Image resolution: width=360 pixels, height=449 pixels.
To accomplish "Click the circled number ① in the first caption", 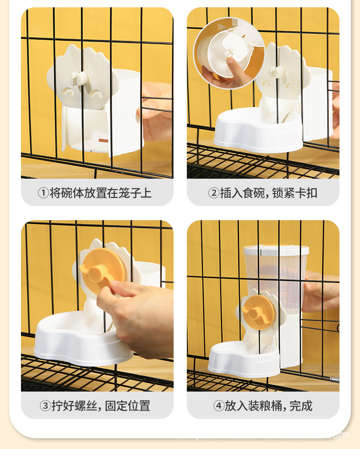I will pos(43,193).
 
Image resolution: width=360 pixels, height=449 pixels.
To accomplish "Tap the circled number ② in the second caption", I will pos(214,193).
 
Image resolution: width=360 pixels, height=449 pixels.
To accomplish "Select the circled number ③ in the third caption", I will pos(45,405).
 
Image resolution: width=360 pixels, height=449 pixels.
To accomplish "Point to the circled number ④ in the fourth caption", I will pos(219,405).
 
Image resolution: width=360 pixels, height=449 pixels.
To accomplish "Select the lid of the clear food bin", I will pos(276,250).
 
